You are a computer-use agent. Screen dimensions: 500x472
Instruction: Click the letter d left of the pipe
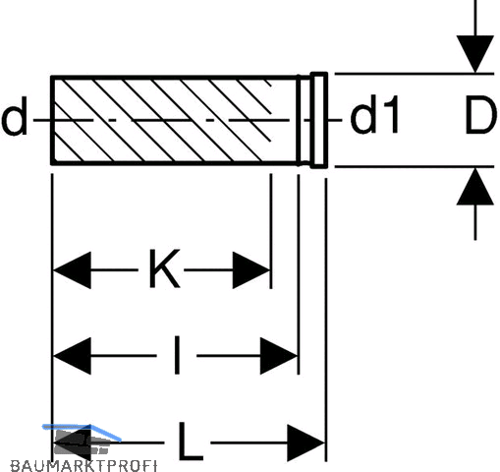14,116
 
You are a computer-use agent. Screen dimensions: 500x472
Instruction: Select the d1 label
374,115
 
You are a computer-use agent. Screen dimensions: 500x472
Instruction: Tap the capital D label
480,116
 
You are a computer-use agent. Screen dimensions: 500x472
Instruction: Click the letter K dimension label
164,268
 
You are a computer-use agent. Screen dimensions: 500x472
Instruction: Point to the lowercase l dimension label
177,355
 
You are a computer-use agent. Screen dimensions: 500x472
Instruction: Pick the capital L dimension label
191,442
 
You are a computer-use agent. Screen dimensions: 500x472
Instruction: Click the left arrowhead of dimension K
72,270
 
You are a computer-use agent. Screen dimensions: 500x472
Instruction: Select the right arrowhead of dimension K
251,270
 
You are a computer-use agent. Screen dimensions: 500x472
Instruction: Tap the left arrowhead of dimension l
72,356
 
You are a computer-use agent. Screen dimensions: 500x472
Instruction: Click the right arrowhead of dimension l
279,356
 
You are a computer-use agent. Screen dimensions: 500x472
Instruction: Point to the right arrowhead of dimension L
306,442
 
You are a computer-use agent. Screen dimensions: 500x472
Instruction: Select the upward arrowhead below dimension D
475,187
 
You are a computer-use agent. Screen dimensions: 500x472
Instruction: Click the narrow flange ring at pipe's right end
319,120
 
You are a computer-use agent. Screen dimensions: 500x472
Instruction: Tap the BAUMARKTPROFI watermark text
83,465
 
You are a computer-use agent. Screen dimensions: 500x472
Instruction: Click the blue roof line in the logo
82,430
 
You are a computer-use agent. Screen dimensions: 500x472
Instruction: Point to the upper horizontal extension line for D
415,74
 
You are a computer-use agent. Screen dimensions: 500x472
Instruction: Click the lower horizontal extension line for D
415,167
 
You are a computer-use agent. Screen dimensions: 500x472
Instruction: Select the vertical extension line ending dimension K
271,231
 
